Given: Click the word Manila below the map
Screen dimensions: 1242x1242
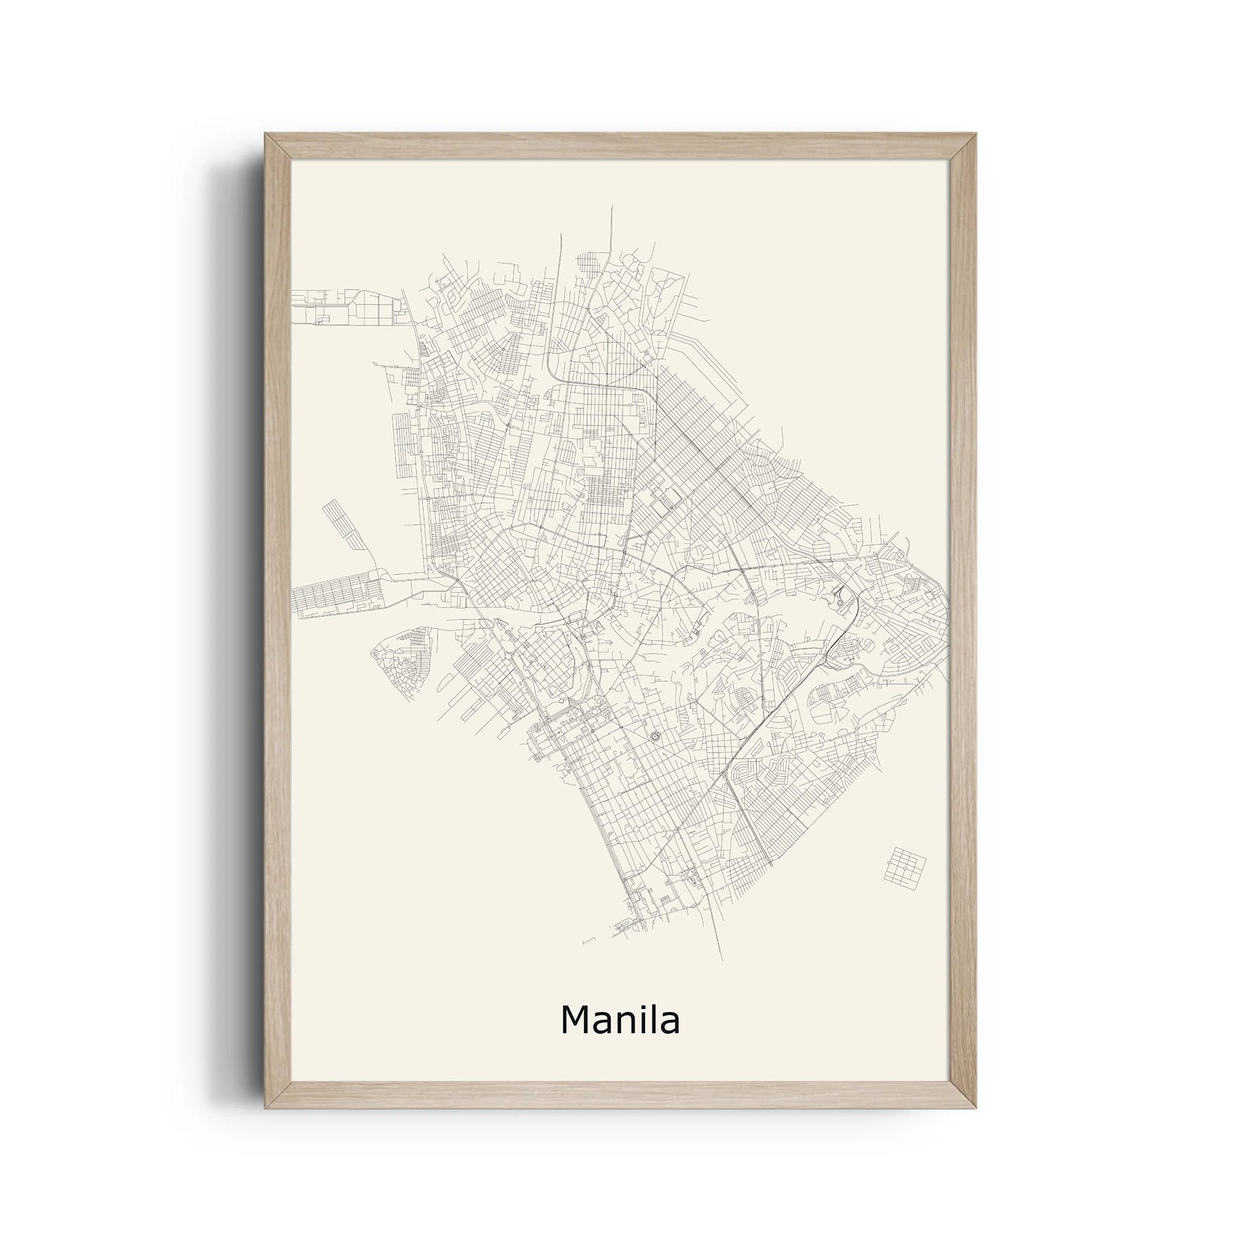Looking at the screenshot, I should coord(620,1020).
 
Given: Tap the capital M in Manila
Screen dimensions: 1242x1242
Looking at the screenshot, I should coord(576,1020).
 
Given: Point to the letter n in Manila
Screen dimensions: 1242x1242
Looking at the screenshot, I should coord(623,1023).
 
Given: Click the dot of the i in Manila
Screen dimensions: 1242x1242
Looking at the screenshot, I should coord(641,1007).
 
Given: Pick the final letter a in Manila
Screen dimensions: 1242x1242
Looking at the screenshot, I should coord(668,1023).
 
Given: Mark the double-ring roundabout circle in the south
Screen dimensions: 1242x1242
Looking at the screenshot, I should coord(653,734).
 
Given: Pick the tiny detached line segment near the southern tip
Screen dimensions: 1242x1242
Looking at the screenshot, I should coord(587,940).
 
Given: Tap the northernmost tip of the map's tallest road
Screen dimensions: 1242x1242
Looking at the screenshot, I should coord(612,205).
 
